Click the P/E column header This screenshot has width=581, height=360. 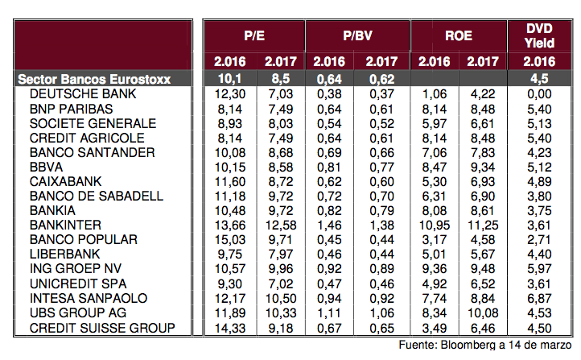point(254,36)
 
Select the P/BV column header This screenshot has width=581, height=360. point(357,36)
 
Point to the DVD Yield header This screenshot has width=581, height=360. point(540,36)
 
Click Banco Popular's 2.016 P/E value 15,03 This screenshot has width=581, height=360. point(230,239)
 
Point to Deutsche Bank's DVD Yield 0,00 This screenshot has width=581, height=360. point(540,94)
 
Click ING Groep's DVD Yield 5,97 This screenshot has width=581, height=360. point(540,268)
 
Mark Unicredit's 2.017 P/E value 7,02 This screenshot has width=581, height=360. point(280,283)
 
